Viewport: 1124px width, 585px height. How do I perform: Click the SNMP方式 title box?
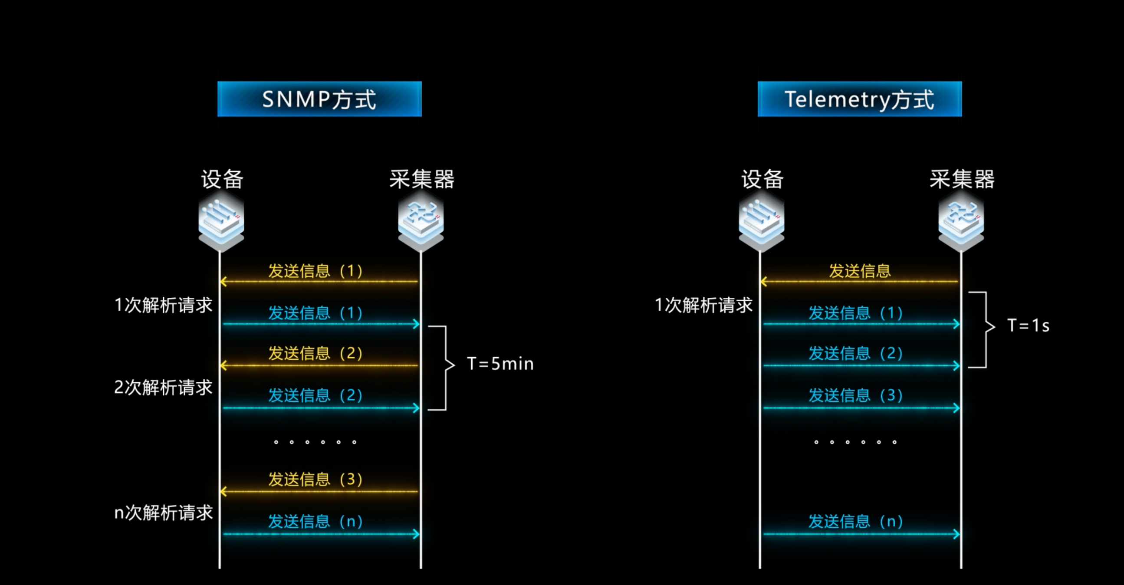point(319,99)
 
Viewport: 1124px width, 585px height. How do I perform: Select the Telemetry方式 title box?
point(860,99)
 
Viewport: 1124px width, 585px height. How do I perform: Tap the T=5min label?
point(500,364)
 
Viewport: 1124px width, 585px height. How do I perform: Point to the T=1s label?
point(1028,325)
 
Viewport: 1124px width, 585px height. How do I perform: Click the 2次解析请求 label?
point(163,388)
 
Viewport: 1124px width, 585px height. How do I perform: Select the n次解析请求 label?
point(163,513)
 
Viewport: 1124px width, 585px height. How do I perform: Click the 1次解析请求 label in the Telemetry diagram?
point(704,305)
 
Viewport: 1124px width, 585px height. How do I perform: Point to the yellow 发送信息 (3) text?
point(315,480)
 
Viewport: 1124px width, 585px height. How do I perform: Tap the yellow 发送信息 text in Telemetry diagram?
point(860,271)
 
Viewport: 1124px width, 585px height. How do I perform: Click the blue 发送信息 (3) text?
point(855,395)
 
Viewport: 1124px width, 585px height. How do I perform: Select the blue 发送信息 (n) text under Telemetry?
point(855,521)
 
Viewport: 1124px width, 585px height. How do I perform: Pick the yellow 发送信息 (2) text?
point(315,353)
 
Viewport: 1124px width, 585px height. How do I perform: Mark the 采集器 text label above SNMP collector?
point(422,179)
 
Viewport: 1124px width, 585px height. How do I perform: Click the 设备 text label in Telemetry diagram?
point(762,179)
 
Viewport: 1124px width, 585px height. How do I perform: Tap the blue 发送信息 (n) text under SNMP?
point(315,521)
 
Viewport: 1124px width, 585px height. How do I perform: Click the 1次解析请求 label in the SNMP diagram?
point(163,305)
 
